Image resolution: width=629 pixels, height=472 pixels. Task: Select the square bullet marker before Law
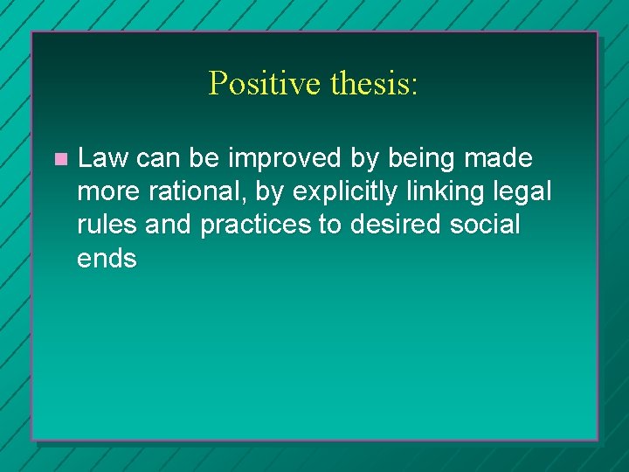(59, 159)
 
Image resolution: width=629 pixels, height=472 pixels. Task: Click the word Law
(103, 158)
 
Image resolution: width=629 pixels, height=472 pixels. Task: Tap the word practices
(255, 225)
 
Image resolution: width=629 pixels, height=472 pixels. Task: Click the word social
(485, 225)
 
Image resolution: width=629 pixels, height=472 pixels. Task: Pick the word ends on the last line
(107, 258)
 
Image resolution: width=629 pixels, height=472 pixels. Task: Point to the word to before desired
(329, 225)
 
